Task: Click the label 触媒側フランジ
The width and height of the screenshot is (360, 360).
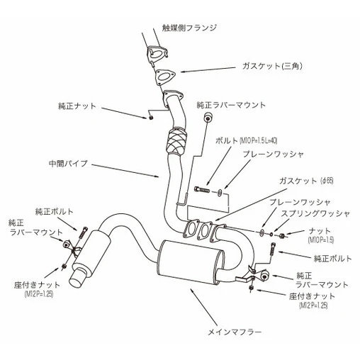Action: (189, 28)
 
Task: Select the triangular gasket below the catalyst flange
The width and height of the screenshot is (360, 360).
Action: (165, 77)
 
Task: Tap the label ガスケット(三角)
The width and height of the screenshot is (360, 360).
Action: (272, 66)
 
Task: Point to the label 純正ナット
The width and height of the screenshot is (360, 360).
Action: (77, 106)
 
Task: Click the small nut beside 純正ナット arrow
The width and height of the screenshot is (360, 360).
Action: (151, 118)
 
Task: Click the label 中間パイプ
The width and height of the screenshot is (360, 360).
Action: (68, 164)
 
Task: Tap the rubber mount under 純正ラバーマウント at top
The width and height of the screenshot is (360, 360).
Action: (208, 118)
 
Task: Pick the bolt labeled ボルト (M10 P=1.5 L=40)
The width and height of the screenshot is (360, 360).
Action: (202, 189)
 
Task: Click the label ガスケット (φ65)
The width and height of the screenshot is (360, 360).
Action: (306, 181)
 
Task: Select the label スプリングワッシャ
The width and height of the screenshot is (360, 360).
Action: (315, 213)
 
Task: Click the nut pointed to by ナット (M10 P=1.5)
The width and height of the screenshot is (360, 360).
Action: (281, 235)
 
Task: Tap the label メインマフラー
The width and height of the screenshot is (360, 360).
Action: (235, 332)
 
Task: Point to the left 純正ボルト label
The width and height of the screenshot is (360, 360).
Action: (54, 212)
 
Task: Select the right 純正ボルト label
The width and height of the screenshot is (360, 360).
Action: (332, 259)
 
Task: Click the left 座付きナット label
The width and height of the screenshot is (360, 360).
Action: (37, 285)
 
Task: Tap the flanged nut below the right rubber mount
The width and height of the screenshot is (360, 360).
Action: (251, 288)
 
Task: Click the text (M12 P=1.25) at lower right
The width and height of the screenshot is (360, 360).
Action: (313, 305)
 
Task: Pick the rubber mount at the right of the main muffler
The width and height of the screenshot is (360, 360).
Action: (265, 276)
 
